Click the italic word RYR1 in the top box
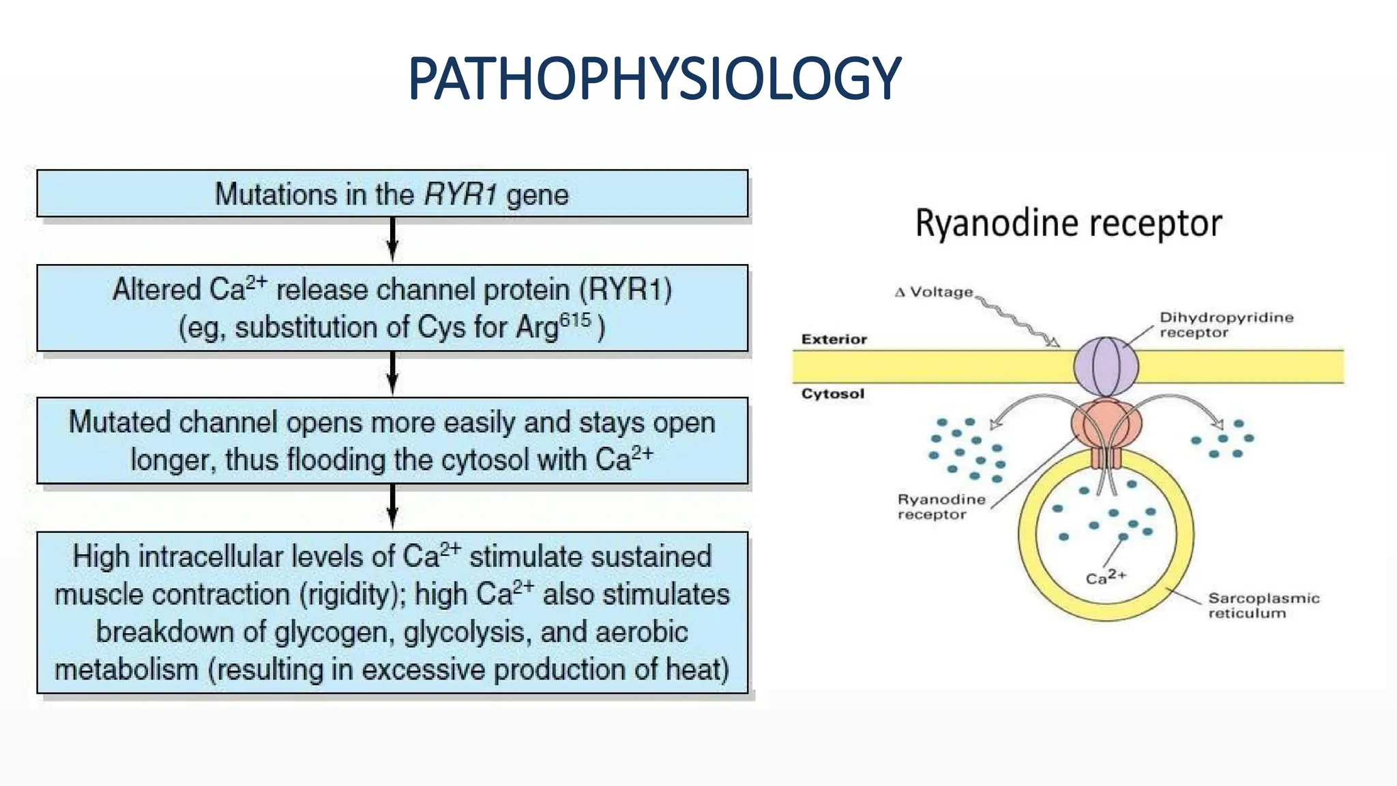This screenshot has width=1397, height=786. coord(460,194)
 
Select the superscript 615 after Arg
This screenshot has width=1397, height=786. coord(575,320)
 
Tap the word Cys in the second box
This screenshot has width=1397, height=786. coord(442,327)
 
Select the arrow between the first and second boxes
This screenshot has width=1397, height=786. coord(392,239)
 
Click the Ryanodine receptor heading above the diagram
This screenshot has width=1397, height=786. coord(1068,224)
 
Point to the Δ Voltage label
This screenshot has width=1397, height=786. coord(934,292)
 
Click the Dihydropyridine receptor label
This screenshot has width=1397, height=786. coord(1226,325)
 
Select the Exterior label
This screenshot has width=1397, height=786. coord(834,339)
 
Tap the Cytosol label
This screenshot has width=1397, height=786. coord(833,394)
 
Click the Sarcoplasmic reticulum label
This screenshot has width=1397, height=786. coord(1263,605)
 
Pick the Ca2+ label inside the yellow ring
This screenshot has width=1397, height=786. coord(1106,577)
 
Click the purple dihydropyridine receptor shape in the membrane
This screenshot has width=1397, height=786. coord(1106,367)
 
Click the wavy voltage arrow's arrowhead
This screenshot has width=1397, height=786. coord(1054,342)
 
